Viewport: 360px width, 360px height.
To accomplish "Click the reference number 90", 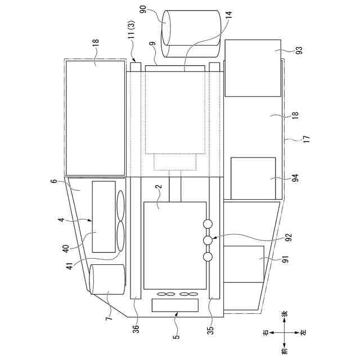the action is pyautogui.click(x=143, y=10).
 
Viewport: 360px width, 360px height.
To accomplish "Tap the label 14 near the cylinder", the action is pyautogui.click(x=229, y=15).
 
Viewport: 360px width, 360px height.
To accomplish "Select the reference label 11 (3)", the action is pyautogui.click(x=132, y=30).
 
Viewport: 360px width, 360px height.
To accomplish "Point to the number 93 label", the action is pyautogui.click(x=299, y=50).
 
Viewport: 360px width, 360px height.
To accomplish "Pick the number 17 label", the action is pyautogui.click(x=307, y=139).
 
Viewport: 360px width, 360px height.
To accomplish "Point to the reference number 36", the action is pyautogui.click(x=136, y=329).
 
